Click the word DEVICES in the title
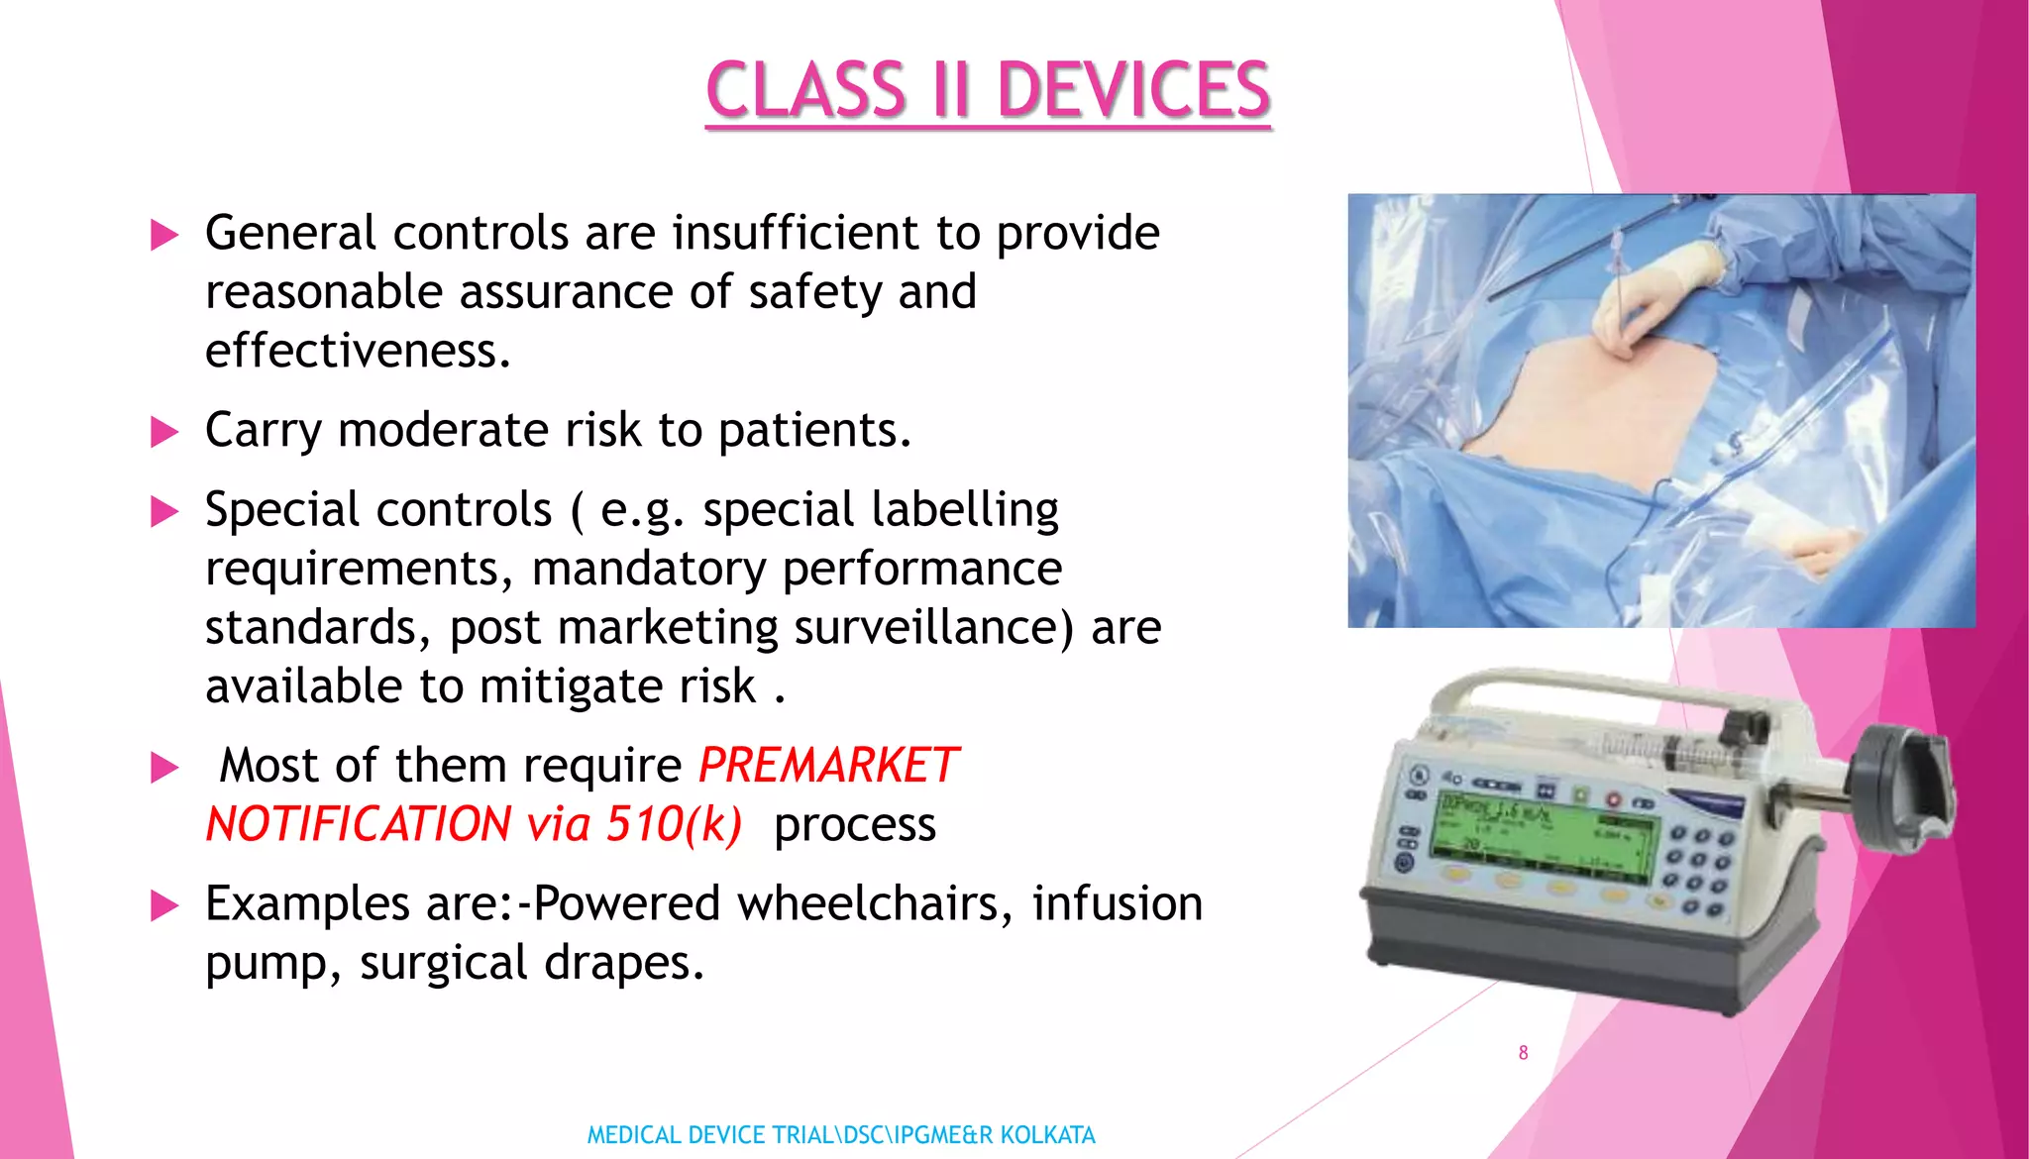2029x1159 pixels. pos(1133,90)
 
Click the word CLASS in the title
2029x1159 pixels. pos(805,90)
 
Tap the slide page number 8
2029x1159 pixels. pos(1523,1053)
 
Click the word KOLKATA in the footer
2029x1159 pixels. pos(1047,1135)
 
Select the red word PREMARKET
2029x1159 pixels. pos(828,766)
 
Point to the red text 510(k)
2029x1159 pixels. pos(674,824)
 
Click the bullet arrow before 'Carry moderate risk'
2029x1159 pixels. pos(164,433)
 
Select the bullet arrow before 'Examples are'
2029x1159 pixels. pos(164,906)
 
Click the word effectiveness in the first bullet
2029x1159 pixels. pos(357,352)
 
